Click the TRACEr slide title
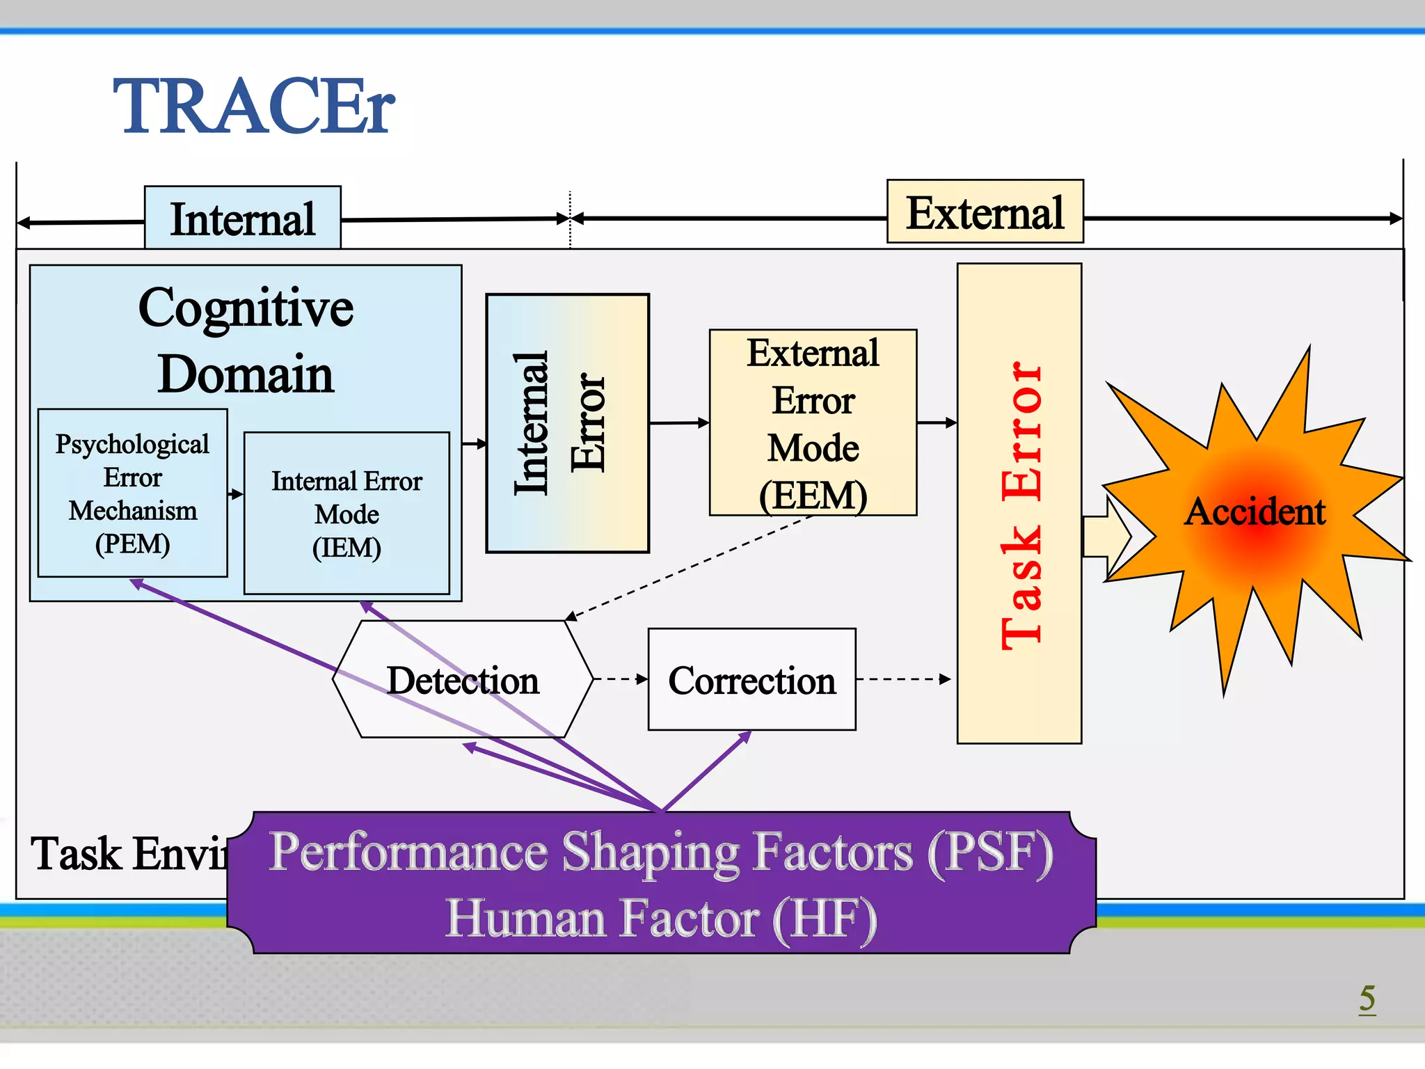point(254,106)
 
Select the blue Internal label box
point(242,218)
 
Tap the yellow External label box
point(985,212)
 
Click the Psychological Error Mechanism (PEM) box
point(132,493)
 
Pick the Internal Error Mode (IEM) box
point(347,514)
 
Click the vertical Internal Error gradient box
point(567,423)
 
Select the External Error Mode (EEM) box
point(813,423)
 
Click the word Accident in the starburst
point(1255,512)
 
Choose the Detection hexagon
point(463,679)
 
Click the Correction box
point(751,679)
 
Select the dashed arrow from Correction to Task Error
point(903,679)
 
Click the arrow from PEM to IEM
point(236,494)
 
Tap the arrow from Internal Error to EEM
point(678,422)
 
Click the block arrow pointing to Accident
point(1108,537)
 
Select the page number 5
point(1367,998)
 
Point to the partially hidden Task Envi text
point(129,854)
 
